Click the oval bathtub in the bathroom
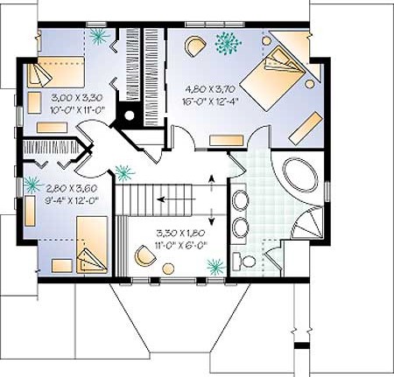click(300, 175)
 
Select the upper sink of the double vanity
click(240, 199)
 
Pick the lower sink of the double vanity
click(240, 227)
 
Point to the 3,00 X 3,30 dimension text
click(77, 98)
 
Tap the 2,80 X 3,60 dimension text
click(72, 189)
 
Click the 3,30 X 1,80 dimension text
click(181, 234)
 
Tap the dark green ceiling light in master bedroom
click(228, 43)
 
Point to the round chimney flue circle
click(129, 115)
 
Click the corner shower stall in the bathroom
click(308, 222)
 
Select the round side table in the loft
click(168, 269)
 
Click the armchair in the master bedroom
click(195, 45)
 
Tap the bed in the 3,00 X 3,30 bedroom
click(56, 72)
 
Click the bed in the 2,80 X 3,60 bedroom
click(92, 245)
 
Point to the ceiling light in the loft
click(216, 267)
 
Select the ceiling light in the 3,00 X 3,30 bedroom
click(99, 37)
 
